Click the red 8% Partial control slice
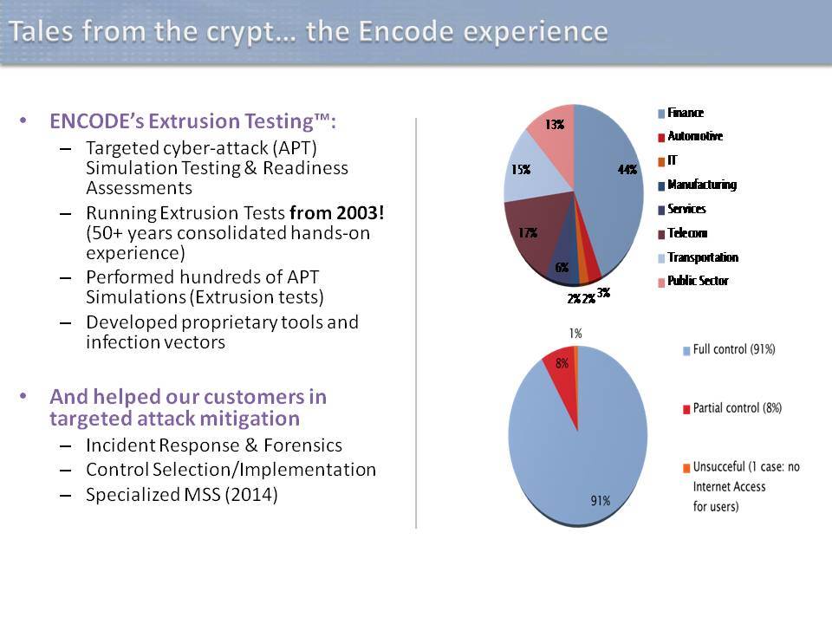[x=563, y=380]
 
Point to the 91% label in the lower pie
[x=600, y=500]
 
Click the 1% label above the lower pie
[x=575, y=333]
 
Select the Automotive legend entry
[x=691, y=136]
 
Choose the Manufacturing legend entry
[x=697, y=185]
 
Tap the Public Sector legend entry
[x=693, y=281]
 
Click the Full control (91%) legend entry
[x=729, y=349]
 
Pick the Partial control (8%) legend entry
[x=732, y=408]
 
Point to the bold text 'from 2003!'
[x=337, y=213]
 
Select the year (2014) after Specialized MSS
[x=251, y=495]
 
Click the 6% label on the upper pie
[x=562, y=267]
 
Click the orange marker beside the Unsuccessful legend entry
[x=686, y=467]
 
